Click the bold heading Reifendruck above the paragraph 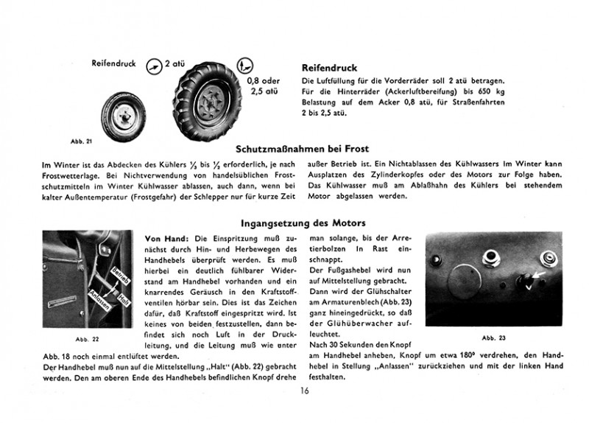tap(329, 68)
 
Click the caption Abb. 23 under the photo tap(494, 338)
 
